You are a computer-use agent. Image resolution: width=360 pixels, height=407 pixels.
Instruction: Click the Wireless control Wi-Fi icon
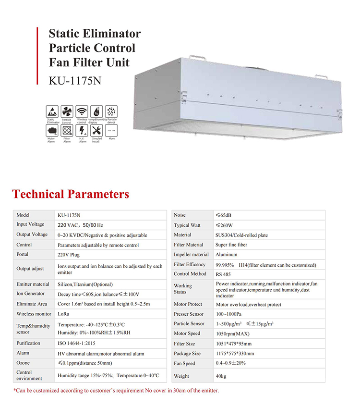(82, 111)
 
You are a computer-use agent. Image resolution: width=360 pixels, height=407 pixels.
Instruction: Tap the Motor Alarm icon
(52, 130)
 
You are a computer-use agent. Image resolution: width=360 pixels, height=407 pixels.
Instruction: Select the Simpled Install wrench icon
(97, 130)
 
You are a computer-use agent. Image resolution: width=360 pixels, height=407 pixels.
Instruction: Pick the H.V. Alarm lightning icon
(82, 130)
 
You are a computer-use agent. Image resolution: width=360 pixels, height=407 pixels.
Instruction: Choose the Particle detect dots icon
(111, 111)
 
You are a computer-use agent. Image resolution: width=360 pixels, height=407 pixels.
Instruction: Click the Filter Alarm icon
(67, 130)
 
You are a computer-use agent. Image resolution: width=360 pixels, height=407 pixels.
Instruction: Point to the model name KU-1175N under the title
(75, 78)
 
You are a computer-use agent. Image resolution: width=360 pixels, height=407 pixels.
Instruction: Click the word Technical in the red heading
(38, 194)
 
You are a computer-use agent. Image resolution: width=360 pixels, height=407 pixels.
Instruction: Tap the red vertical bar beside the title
(38, 56)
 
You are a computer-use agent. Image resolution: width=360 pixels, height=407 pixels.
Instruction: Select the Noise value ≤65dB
(224, 215)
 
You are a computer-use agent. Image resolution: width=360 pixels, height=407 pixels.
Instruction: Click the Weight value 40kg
(221, 376)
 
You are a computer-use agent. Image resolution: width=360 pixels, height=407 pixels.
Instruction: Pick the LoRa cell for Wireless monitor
(63, 314)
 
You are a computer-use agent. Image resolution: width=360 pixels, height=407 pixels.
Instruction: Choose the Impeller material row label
(191, 255)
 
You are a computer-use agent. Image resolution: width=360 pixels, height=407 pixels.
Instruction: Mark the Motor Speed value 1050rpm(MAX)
(233, 333)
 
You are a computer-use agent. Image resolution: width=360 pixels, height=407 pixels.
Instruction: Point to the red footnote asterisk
(15, 390)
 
